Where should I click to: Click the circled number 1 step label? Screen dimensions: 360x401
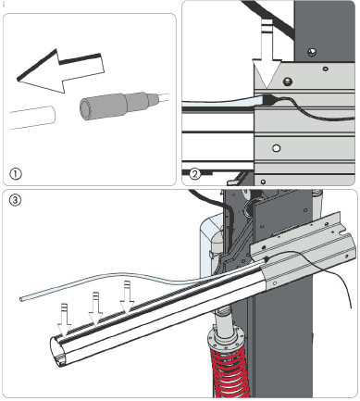click(16, 174)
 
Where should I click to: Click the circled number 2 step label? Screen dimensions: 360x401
click(194, 174)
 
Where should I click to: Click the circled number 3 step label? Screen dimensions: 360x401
click(16, 200)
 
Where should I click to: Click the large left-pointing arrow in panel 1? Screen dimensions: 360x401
click(60, 71)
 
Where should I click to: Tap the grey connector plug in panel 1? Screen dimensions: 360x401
click(119, 105)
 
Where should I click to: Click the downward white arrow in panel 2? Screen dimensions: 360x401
click(267, 55)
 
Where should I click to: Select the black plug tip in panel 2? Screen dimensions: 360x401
click(269, 99)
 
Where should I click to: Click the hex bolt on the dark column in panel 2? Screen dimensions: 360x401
click(312, 52)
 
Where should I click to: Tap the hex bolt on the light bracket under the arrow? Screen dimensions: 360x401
click(288, 81)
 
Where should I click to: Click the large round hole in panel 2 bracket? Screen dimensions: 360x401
click(277, 148)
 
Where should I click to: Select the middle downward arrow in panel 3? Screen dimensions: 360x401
click(95, 308)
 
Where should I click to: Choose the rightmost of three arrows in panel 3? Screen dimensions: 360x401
click(127, 297)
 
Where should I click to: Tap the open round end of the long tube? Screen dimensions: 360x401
click(58, 351)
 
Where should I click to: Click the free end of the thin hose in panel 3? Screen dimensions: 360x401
click(21, 299)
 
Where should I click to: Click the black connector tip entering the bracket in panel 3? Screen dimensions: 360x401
click(267, 259)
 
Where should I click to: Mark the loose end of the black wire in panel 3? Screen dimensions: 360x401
click(351, 307)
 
